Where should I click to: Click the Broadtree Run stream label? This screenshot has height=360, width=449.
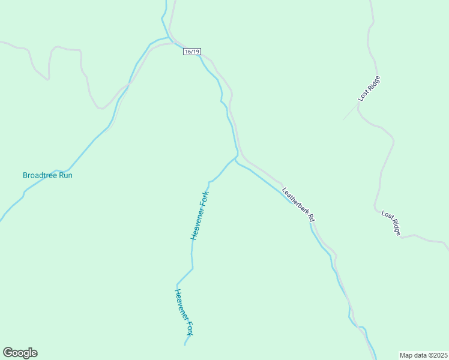click(x=47, y=175)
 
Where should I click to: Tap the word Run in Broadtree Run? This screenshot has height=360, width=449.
click(x=65, y=175)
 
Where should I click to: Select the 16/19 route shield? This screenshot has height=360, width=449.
click(x=191, y=52)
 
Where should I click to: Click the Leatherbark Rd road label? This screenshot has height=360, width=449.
click(x=298, y=203)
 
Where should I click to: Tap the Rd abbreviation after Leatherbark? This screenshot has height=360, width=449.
click(x=311, y=218)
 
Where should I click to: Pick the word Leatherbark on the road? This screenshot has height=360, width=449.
click(x=295, y=200)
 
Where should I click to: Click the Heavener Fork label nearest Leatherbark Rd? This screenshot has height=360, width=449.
click(x=200, y=216)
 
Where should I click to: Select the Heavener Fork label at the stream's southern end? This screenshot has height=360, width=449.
click(x=184, y=312)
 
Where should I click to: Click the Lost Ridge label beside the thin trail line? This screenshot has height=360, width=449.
click(x=370, y=88)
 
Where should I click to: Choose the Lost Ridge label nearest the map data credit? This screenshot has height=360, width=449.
click(x=391, y=222)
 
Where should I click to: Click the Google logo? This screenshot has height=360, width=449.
click(x=20, y=353)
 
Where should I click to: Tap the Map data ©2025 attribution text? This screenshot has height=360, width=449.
click(x=423, y=355)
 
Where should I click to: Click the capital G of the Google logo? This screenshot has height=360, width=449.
click(x=8, y=353)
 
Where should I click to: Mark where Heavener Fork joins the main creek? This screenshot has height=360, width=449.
click(x=237, y=157)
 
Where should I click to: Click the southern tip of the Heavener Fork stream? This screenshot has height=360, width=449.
click(x=184, y=345)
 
